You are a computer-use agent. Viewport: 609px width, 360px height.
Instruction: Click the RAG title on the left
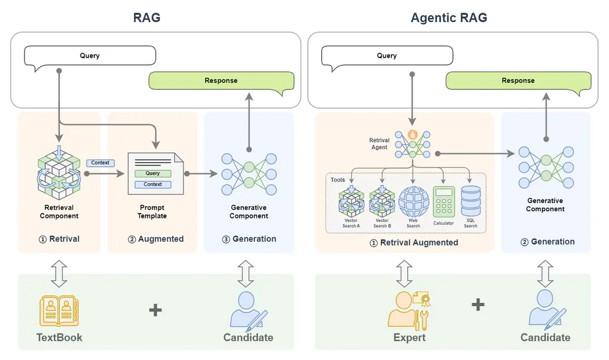(x=147, y=17)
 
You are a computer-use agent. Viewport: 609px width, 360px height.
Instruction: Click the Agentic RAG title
(x=449, y=17)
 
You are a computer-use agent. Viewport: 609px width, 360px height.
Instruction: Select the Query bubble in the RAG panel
(x=90, y=56)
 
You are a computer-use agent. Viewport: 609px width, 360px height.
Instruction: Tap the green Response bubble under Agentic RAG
(x=518, y=80)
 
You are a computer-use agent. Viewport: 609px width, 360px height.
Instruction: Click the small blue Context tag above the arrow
(x=100, y=163)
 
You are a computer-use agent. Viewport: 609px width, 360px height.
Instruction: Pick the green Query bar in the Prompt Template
(x=153, y=174)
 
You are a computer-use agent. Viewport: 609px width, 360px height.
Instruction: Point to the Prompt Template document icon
(x=155, y=174)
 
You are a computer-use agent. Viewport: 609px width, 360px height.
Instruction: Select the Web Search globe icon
(x=414, y=201)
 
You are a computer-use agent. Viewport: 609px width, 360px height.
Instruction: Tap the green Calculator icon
(x=443, y=202)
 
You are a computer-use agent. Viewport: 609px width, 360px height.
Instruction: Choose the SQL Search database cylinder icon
(x=471, y=201)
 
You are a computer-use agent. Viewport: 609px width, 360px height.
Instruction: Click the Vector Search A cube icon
(x=351, y=201)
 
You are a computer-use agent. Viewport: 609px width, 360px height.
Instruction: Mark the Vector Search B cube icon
(x=382, y=201)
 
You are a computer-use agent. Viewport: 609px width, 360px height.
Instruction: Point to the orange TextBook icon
(x=59, y=311)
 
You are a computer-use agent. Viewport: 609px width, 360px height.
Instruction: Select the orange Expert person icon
(x=408, y=310)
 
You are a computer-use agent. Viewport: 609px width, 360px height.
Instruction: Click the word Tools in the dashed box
(x=338, y=180)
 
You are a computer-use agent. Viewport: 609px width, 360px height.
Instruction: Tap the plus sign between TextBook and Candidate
(x=155, y=310)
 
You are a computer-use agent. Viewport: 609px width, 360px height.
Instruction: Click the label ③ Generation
(x=248, y=239)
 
